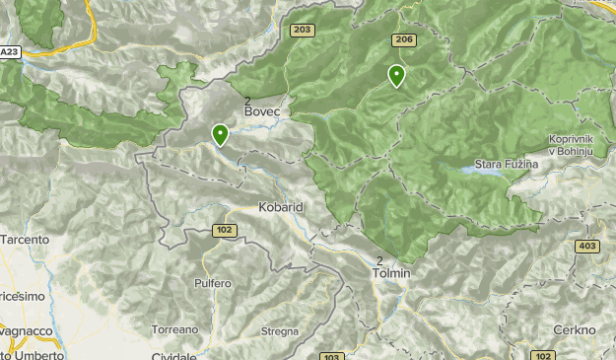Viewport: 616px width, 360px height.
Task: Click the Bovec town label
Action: [262, 112]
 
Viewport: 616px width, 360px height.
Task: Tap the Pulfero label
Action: [212, 283]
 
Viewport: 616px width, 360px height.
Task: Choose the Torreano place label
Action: [175, 328]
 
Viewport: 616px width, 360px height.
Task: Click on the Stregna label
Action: [280, 331]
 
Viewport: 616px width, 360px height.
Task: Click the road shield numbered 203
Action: [303, 31]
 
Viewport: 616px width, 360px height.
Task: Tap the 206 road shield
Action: [402, 39]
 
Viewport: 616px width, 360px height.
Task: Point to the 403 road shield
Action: [588, 246]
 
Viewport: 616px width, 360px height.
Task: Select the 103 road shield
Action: [331, 355]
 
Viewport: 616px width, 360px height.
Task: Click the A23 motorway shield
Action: [10, 51]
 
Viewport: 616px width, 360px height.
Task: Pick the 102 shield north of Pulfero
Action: [224, 230]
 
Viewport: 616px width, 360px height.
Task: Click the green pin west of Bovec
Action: [220, 135]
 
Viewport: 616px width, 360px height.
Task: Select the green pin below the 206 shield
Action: [396, 76]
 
